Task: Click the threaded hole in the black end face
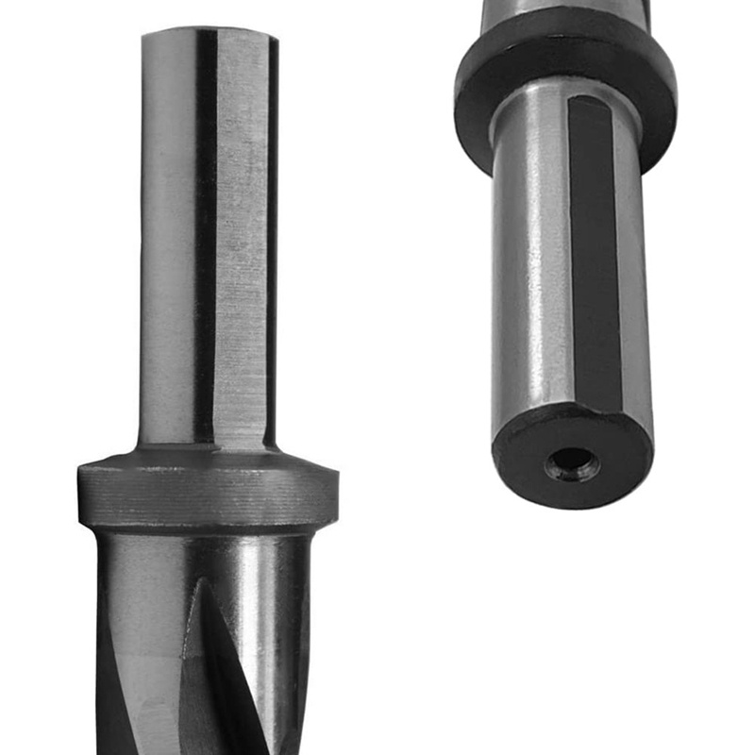click(573, 463)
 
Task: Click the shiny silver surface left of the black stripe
click(528, 264)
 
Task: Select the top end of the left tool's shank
click(209, 32)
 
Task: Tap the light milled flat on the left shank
click(241, 236)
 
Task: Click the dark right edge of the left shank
click(273, 236)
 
